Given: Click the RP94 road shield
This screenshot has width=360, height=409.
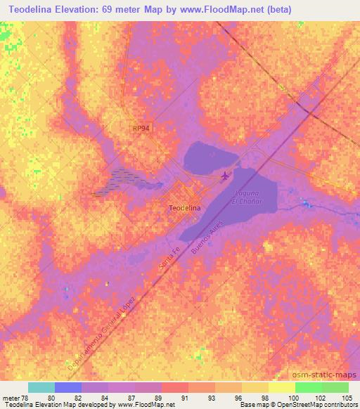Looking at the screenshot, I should click(x=141, y=128).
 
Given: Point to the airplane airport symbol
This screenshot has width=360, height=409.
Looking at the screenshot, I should click(x=225, y=175).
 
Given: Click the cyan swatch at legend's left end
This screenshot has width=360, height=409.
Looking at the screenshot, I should click(x=41, y=387).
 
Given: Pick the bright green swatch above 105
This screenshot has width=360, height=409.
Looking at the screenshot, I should click(x=335, y=387).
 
